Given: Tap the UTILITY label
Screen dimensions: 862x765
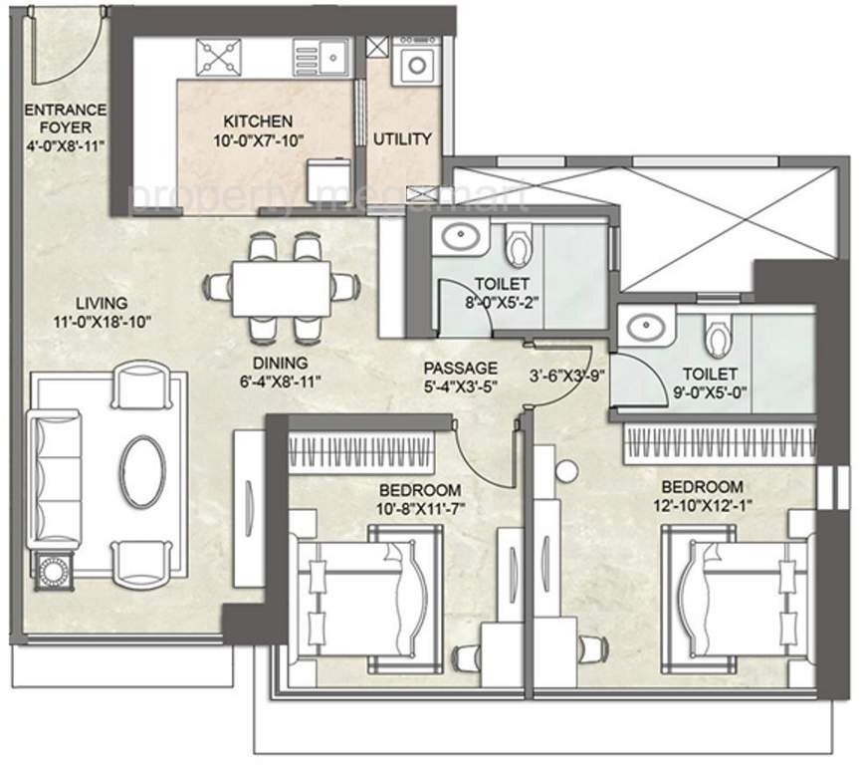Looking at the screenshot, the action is coord(402,139).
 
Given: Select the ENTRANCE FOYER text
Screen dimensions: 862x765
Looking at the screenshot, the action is coord(66,119).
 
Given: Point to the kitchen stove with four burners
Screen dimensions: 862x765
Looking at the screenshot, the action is coord(219,57).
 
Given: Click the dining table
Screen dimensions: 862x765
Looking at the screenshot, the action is coord(282,289).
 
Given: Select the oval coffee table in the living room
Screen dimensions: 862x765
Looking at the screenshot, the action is coord(143,472).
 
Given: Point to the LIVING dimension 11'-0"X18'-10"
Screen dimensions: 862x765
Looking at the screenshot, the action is coord(103,322).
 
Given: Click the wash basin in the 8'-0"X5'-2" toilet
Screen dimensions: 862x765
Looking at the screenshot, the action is coord(461,236).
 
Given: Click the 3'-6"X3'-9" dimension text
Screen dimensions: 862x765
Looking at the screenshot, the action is coord(567,377).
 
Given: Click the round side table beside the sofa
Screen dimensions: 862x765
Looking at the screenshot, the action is coord(54,572).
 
